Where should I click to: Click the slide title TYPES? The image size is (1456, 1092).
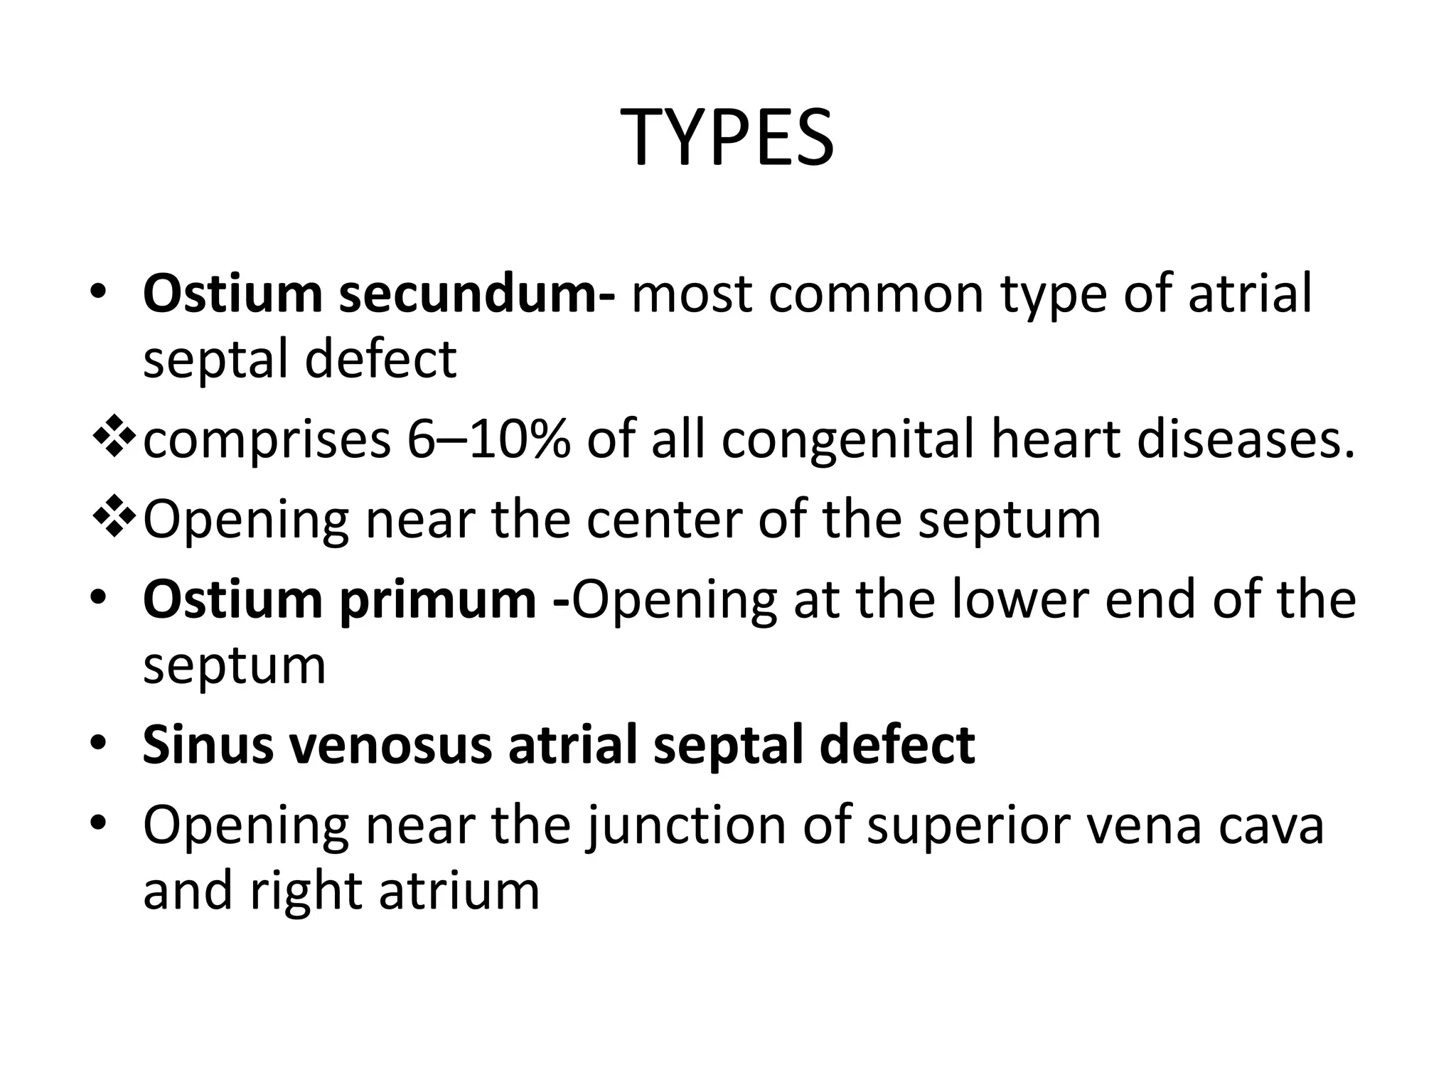point(727,138)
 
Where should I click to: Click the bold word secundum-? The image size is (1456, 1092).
point(477,294)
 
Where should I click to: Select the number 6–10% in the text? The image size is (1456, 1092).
point(488,439)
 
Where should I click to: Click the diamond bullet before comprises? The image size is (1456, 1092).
point(114,438)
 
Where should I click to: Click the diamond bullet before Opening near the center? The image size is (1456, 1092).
point(114,518)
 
